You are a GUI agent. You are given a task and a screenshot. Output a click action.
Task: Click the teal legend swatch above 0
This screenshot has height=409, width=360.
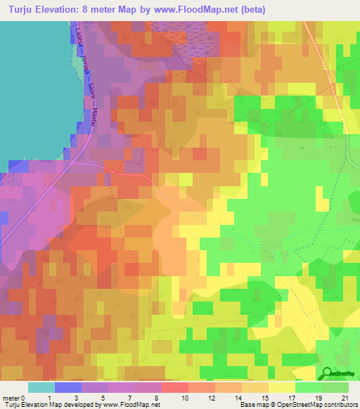tap(41, 387)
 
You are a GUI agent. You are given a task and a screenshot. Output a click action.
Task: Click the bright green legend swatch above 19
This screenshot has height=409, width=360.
tap(309, 387)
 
